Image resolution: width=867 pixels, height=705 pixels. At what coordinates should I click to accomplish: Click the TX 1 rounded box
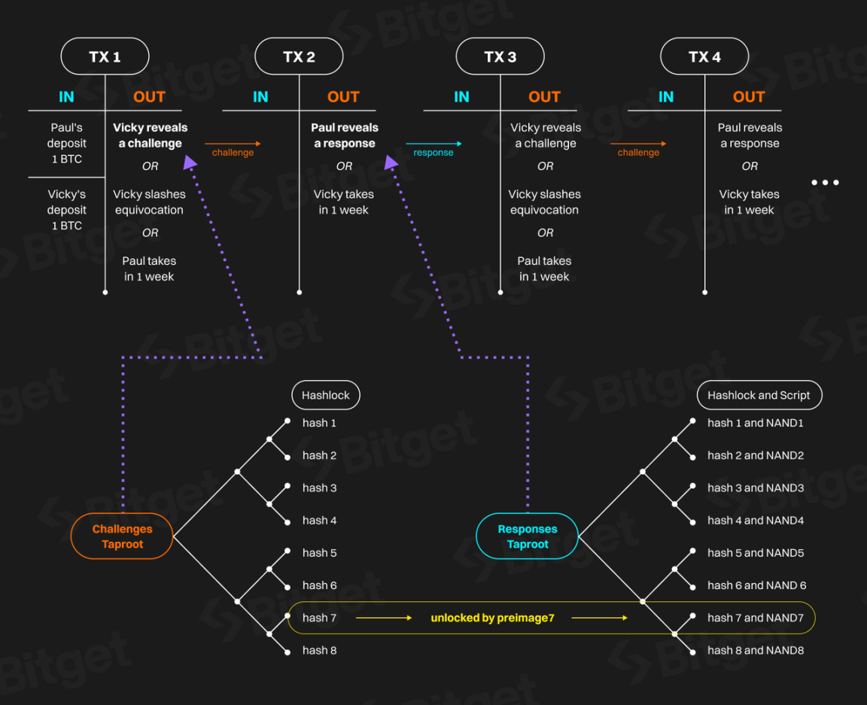coord(105,56)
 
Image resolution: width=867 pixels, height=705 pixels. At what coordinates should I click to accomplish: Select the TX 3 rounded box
coord(500,56)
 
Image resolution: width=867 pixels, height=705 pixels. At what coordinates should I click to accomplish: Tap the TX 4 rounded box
coord(704,56)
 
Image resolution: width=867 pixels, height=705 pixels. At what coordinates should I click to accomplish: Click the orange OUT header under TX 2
coord(343,96)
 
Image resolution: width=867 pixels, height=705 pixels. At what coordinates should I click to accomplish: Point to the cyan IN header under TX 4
coord(666,96)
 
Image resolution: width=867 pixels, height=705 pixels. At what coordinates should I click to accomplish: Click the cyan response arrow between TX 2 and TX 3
coord(433,144)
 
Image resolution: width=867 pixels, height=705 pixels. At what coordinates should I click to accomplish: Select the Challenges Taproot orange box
coord(122,536)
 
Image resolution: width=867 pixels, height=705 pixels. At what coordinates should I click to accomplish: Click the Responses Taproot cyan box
coord(528,536)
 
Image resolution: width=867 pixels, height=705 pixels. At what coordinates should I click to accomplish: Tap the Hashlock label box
coord(326,395)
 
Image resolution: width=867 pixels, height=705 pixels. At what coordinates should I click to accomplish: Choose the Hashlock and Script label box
coord(759,395)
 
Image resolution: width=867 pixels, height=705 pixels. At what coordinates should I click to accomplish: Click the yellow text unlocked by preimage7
coord(492,618)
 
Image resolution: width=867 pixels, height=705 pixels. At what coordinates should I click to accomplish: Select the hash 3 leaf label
coord(319,488)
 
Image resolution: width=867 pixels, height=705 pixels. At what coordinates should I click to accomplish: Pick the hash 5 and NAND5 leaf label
coord(756,552)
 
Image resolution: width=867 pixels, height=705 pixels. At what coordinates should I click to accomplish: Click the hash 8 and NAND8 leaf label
coord(756,650)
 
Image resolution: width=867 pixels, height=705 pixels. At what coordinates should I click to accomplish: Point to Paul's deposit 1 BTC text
coord(67,143)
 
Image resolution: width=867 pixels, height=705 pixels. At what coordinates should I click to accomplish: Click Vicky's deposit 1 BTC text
coord(67,210)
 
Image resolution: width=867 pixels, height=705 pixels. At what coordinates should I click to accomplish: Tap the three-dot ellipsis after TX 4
coord(825,182)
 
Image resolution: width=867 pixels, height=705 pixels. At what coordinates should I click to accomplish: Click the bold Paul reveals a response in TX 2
coord(344,135)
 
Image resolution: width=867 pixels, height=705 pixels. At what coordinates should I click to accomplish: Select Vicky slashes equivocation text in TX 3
coord(544,202)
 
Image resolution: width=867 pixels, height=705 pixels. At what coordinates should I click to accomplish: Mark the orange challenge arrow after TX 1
coord(233,144)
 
